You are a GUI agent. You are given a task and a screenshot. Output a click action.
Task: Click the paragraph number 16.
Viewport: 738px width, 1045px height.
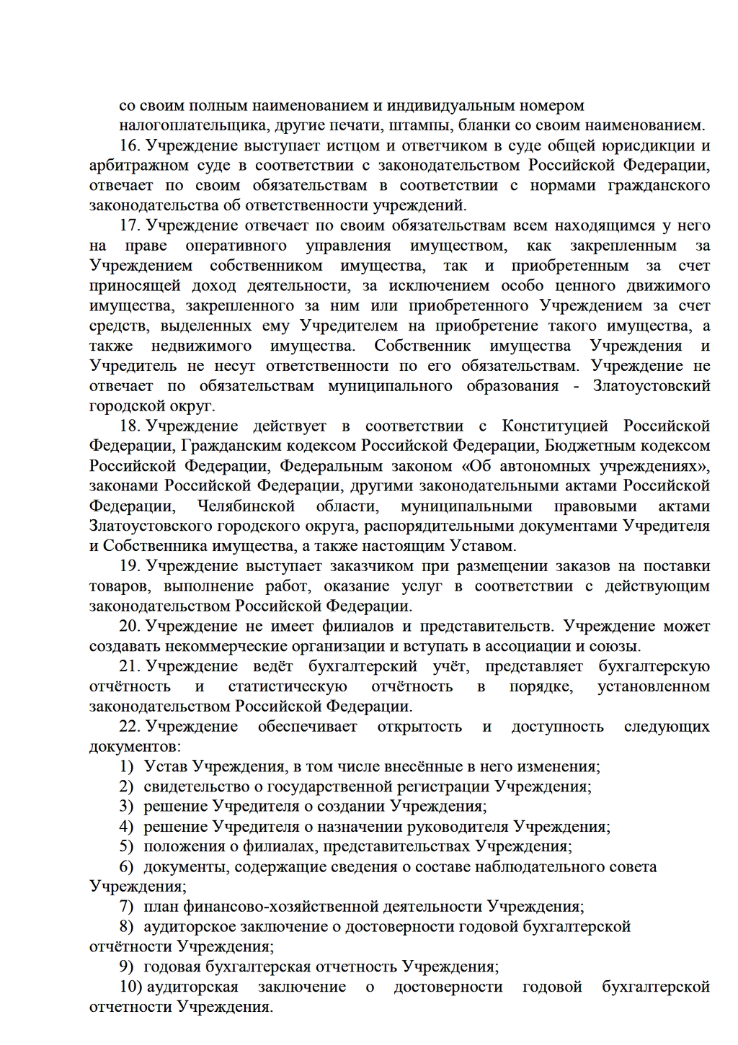coord(129,145)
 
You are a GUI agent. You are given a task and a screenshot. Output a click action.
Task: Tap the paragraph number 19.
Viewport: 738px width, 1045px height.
coord(129,566)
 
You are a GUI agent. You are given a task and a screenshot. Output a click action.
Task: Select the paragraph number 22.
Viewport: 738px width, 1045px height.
coord(129,727)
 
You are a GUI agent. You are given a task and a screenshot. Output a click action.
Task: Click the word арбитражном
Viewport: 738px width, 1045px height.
coord(133,166)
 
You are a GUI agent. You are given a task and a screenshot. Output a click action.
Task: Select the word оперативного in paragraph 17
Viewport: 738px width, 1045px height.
coord(236,246)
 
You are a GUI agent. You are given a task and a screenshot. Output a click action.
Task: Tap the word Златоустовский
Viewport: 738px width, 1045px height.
coord(651,386)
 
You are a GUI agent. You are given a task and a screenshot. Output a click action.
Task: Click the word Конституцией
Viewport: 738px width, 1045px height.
coord(555,426)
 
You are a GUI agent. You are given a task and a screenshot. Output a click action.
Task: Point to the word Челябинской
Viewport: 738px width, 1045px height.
coord(246,506)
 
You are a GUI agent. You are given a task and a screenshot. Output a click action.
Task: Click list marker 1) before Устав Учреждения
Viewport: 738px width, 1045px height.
coord(126,766)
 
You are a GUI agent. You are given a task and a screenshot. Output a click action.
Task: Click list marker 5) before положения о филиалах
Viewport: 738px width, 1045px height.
coord(126,846)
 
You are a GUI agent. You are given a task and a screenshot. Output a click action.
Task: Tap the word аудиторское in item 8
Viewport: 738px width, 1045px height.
coord(190,926)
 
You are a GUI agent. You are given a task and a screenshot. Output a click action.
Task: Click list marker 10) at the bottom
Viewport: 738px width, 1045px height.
coord(130,987)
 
